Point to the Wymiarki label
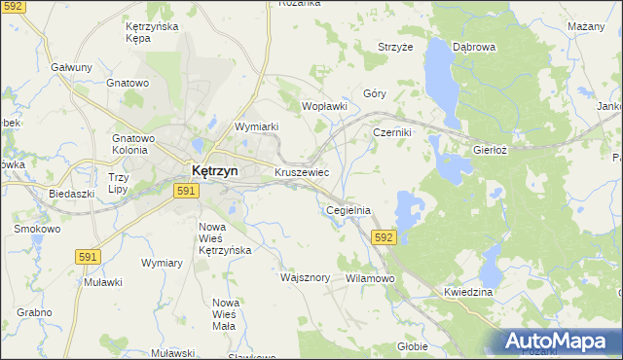[257, 126]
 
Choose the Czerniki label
[392, 132]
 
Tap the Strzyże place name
[395, 46]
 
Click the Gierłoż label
[491, 151]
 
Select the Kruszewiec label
[301, 172]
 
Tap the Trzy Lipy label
[119, 183]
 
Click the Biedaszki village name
[71, 194]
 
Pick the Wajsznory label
[307, 277]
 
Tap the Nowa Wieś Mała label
[225, 315]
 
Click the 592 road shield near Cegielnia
[384, 236]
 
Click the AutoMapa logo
[563, 341]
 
